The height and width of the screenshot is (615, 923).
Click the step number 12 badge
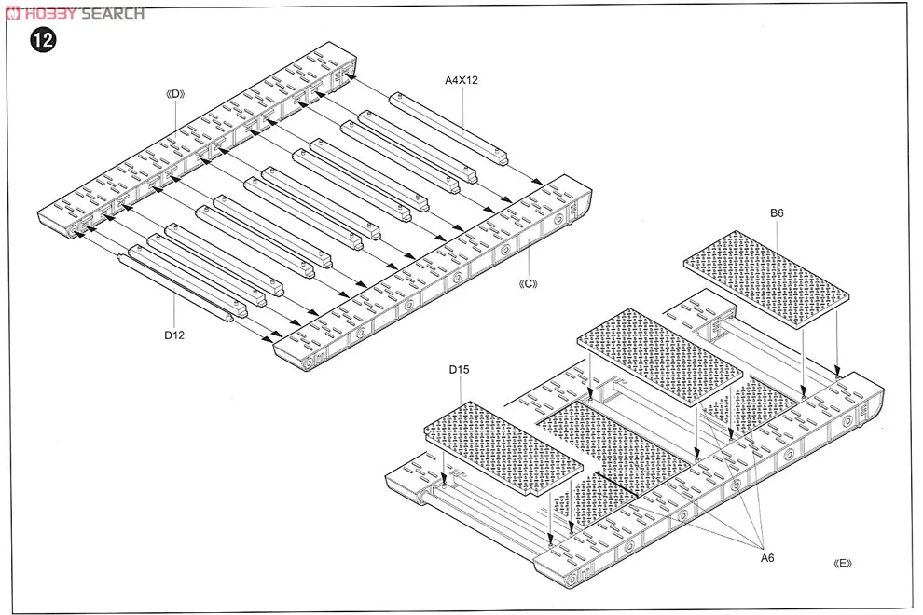click(41, 40)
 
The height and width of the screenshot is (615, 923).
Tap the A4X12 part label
click(461, 79)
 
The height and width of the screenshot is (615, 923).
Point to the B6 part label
click(777, 213)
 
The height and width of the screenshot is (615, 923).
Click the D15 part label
click(458, 370)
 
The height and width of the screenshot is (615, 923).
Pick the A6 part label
click(767, 557)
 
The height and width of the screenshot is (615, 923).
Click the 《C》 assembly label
click(528, 283)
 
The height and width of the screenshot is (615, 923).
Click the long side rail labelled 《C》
click(438, 270)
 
